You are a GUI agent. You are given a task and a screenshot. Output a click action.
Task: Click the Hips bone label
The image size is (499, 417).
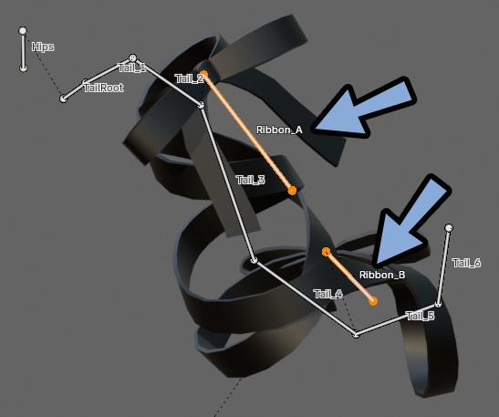click(43, 47)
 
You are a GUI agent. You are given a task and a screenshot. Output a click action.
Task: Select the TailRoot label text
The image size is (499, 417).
click(103, 88)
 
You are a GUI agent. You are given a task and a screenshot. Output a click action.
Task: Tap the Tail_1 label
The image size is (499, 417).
click(131, 68)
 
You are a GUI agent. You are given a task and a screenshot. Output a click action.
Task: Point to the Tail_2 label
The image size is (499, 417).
click(189, 78)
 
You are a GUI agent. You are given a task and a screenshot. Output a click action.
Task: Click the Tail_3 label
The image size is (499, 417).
click(251, 180)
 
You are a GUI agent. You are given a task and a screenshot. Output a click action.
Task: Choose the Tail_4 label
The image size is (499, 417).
click(327, 294)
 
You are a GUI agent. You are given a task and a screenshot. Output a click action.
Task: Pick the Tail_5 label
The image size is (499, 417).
click(421, 316)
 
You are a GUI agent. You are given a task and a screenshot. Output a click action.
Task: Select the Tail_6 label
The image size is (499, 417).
click(466, 263)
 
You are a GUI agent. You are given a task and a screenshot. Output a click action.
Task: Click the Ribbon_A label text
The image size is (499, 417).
click(279, 130)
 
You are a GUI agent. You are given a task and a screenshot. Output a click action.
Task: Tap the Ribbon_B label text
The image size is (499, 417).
click(382, 275)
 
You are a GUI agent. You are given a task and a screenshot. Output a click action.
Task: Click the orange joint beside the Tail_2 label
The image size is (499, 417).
click(203, 75)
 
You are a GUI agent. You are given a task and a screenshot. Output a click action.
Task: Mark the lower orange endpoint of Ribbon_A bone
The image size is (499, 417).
click(292, 191)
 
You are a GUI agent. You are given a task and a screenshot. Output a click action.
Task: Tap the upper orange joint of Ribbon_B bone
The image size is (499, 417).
click(326, 252)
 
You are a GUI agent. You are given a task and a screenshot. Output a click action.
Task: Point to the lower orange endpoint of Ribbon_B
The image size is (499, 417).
click(373, 301)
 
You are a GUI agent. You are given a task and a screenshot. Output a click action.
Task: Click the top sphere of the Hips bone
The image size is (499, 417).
click(23, 31)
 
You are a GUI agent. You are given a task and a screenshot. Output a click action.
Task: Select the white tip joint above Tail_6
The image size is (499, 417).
click(449, 228)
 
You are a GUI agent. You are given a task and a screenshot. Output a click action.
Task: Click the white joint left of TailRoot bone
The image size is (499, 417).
click(63, 99)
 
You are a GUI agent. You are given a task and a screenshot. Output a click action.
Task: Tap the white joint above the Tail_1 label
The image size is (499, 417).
click(132, 57)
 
